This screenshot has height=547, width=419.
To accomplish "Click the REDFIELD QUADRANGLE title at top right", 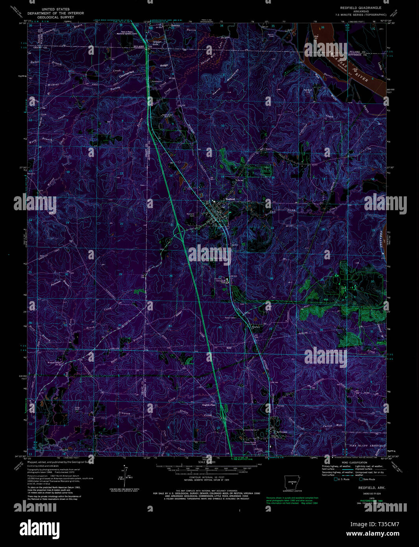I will (x=360, y=8).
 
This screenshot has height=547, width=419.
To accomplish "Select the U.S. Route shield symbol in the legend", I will (x=336, y=479).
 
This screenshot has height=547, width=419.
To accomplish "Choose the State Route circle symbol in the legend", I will (x=361, y=479).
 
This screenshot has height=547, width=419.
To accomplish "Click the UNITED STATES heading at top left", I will (x=58, y=9).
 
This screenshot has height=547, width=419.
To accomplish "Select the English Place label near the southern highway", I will (x=209, y=405).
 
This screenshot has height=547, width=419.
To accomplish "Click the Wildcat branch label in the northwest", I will (x=53, y=84).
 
